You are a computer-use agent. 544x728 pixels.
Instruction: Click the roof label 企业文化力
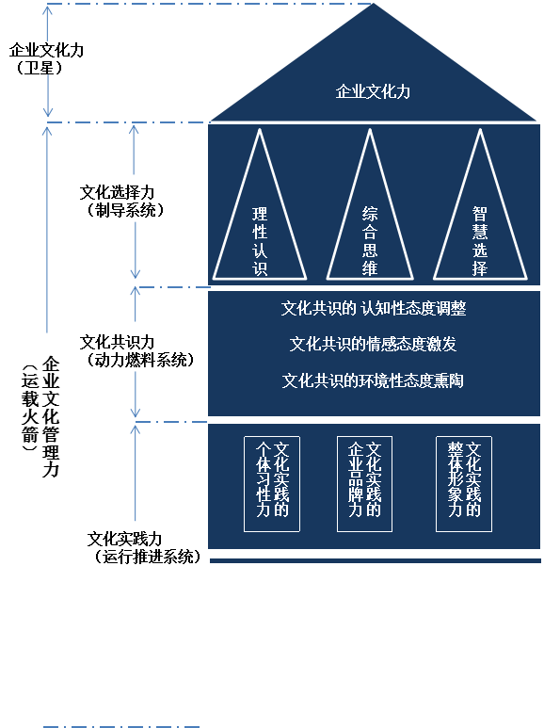point(373,91)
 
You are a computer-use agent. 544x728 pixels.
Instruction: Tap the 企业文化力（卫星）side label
point(46,59)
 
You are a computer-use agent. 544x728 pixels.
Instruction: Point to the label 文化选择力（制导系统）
point(121,201)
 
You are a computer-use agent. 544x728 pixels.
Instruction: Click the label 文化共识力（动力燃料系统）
point(136,351)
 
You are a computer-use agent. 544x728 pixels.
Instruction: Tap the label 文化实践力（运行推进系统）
point(144,547)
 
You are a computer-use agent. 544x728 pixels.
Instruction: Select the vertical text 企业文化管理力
point(51,416)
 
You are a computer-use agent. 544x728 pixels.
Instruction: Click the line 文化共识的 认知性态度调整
point(374,308)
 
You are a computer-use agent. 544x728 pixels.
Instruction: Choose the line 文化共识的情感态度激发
point(373,344)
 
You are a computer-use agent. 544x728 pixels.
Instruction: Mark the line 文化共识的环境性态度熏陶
point(373,380)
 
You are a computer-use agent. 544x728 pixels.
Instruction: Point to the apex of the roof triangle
point(374,4)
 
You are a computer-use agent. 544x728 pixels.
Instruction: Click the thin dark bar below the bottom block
point(375,560)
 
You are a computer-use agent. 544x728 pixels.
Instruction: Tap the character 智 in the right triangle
point(480,214)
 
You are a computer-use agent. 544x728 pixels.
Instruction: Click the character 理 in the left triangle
point(260,214)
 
